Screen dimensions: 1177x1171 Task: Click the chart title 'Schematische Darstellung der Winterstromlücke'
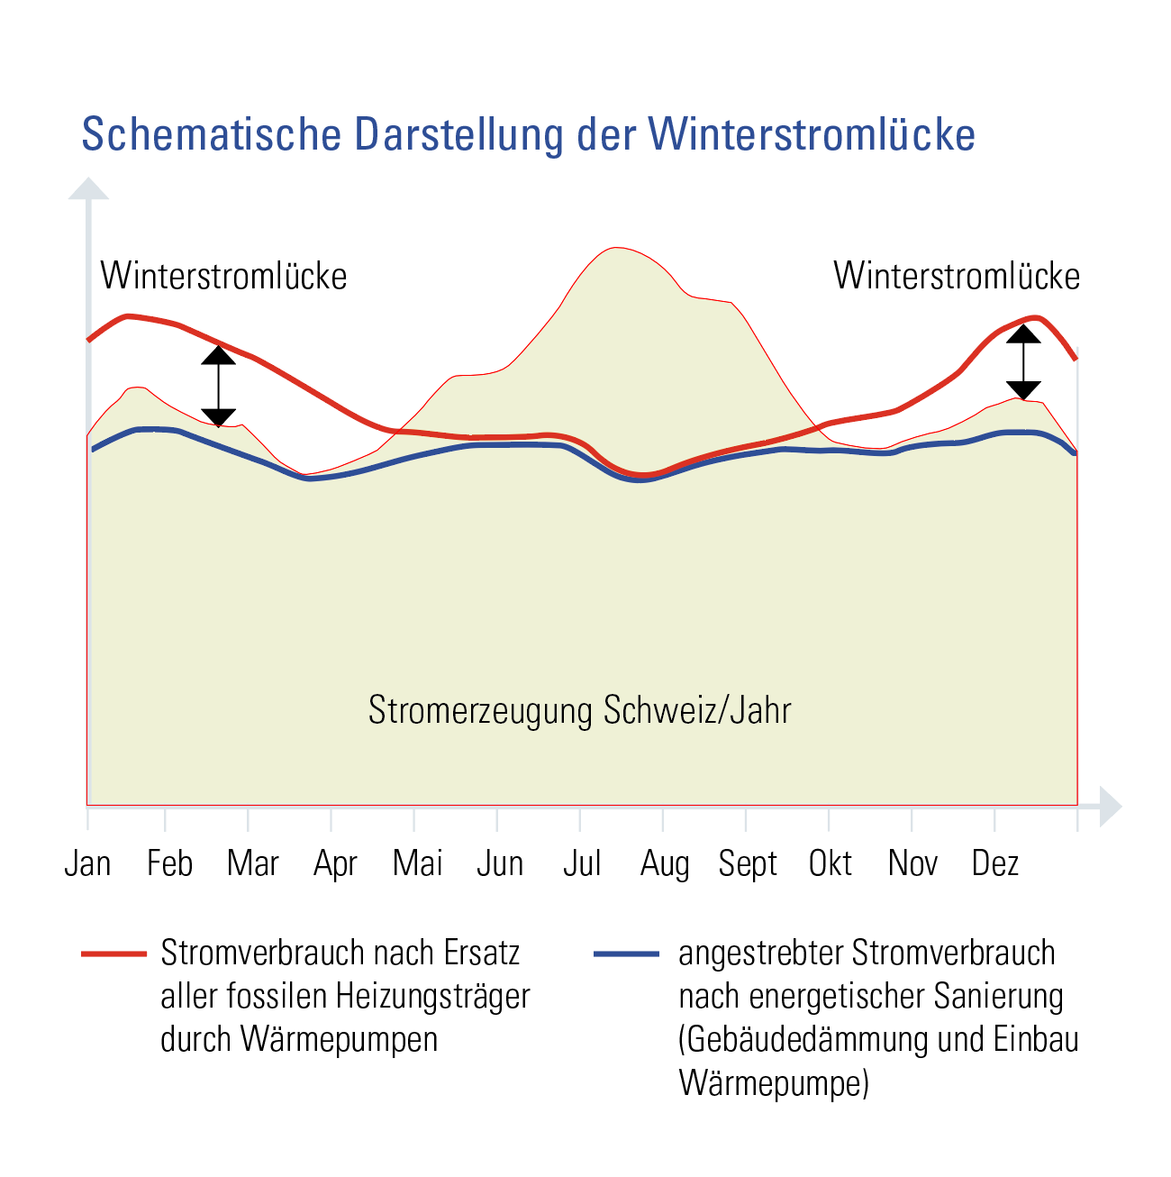tap(528, 135)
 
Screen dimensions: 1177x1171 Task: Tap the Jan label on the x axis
tap(87, 863)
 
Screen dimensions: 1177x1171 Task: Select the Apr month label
tap(335, 863)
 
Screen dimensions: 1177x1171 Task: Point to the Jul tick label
tap(582, 863)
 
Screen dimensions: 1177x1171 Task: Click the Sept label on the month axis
tap(747, 863)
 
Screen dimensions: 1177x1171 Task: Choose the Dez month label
tap(994, 863)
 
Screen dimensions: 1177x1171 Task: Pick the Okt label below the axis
tap(830, 863)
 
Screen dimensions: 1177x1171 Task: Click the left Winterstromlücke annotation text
tap(223, 276)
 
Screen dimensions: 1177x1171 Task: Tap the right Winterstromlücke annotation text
tap(956, 276)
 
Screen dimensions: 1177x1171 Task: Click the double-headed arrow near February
tap(219, 386)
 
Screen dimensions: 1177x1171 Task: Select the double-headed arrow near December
tap(1023, 362)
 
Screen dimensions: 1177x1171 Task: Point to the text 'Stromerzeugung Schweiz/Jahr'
tap(579, 710)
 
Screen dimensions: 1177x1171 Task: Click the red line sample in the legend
tap(113, 953)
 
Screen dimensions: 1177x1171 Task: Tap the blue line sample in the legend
tap(627, 953)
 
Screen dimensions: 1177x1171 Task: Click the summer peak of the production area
tap(616, 249)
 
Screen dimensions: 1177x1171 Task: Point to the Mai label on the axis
tap(418, 863)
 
